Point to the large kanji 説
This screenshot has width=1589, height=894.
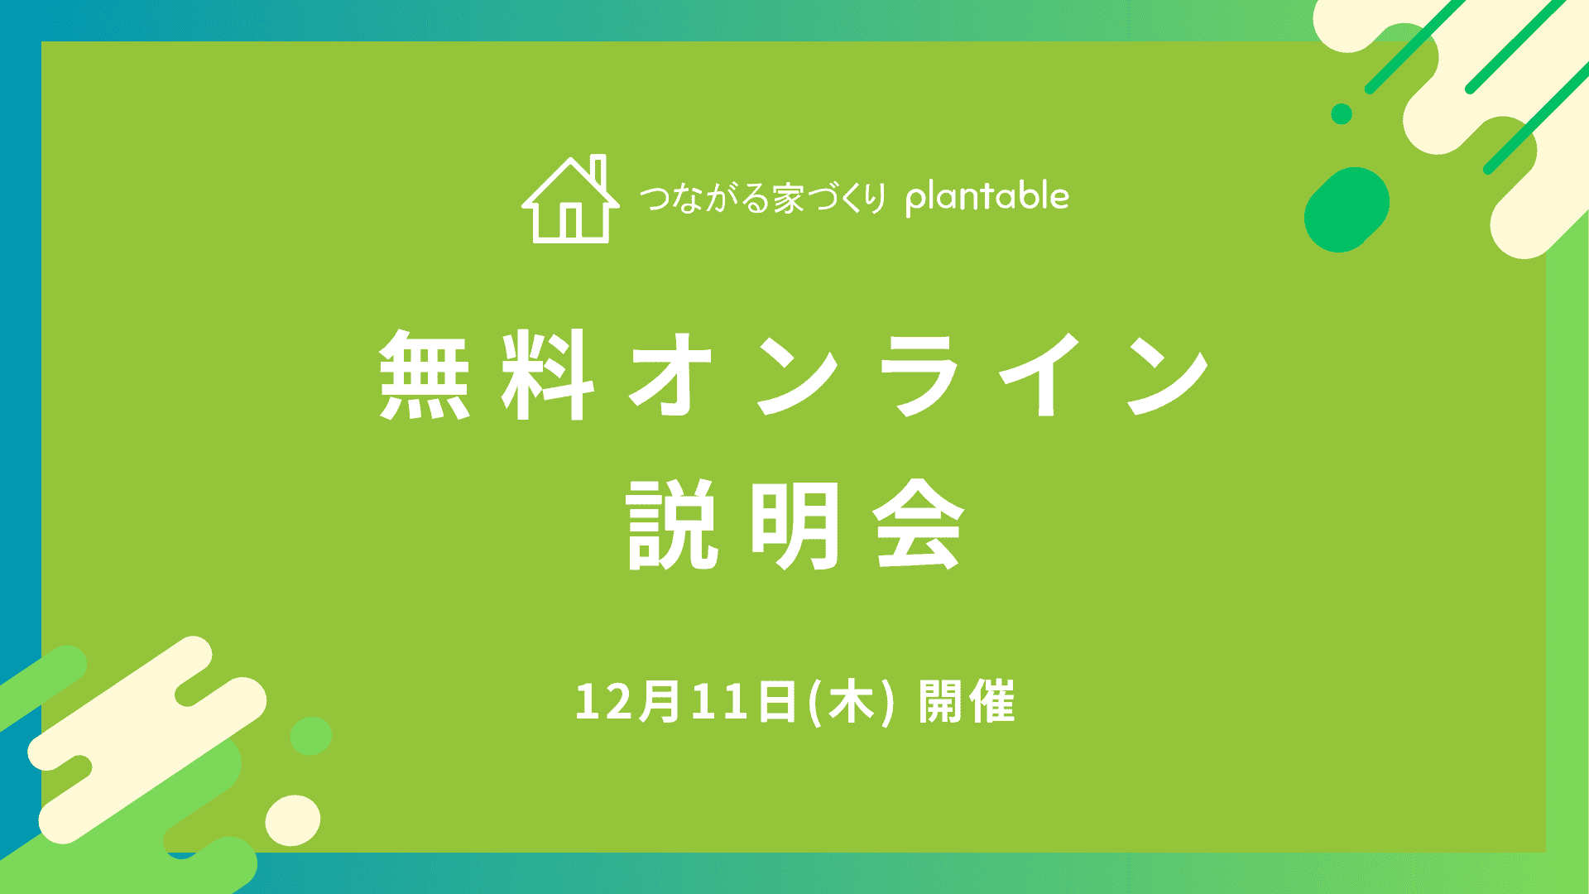(671, 526)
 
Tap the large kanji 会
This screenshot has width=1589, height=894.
(919, 526)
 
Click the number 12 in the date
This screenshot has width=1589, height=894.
(606, 703)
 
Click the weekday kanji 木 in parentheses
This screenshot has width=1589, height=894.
(852, 703)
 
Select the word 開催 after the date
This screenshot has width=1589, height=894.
(967, 703)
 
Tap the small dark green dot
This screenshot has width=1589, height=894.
(1342, 114)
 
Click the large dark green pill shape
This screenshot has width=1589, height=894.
(1347, 209)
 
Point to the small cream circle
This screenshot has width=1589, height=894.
(293, 819)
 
